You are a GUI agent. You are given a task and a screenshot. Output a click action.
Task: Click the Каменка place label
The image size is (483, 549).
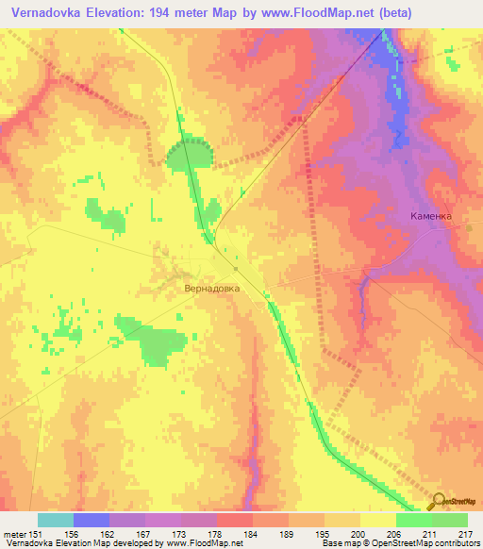click(431, 216)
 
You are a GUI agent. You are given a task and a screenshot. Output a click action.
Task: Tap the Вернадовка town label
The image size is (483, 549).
click(212, 290)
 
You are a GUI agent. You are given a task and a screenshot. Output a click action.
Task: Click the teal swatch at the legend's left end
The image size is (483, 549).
click(56, 520)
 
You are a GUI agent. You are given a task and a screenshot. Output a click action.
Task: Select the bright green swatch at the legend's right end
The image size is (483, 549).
click(450, 520)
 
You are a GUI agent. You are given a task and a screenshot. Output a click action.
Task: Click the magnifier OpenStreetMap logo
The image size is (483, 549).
click(439, 502)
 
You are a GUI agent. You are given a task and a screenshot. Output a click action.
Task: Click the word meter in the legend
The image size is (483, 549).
click(13, 533)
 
